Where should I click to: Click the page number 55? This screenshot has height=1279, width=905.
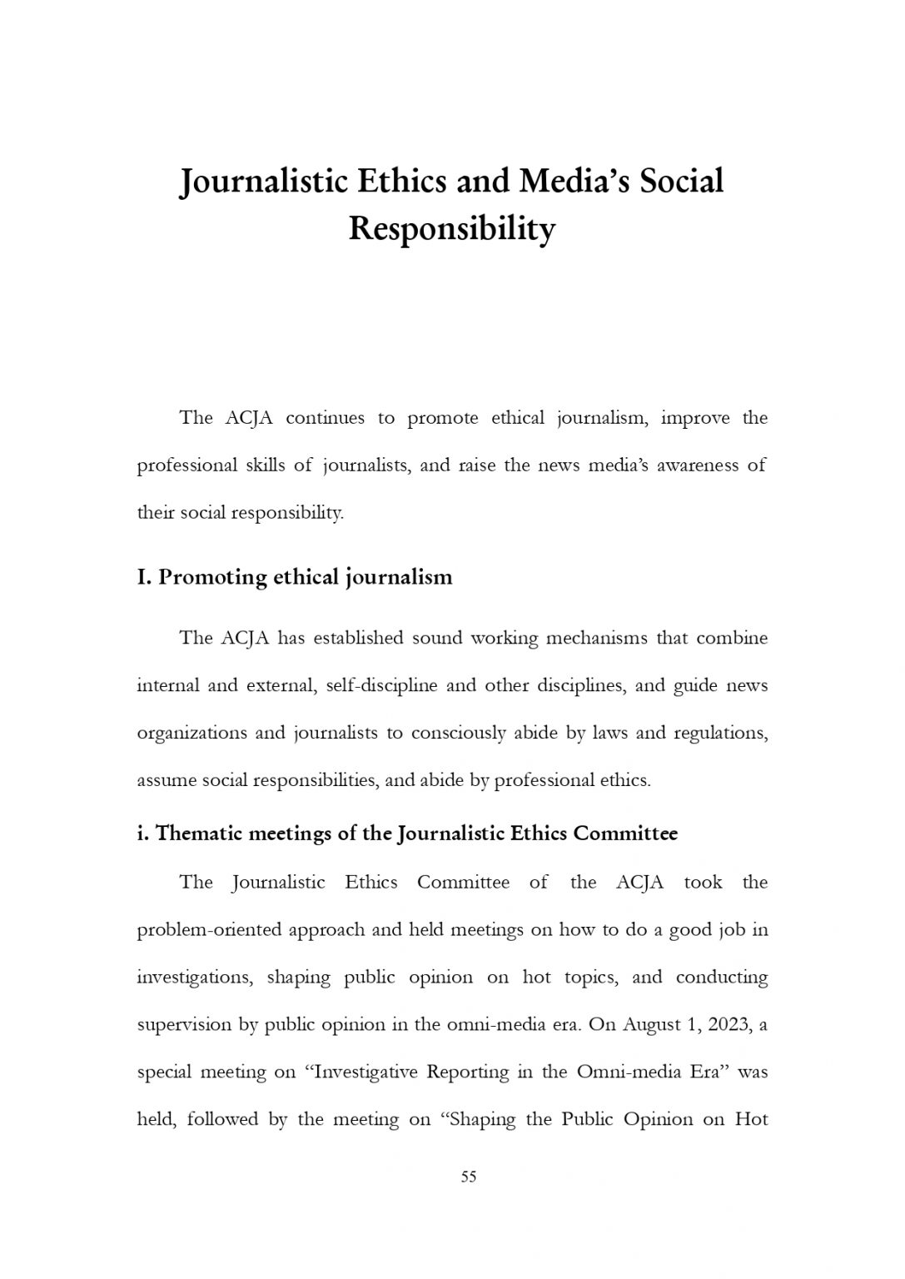click(x=469, y=1177)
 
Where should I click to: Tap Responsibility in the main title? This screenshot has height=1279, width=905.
click(x=451, y=229)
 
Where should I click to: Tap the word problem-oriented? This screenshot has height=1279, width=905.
click(x=209, y=930)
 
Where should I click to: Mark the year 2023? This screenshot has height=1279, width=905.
click(x=729, y=1025)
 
